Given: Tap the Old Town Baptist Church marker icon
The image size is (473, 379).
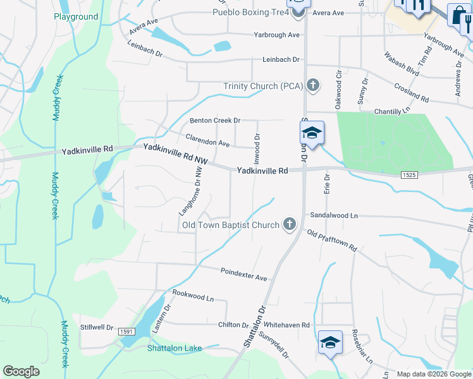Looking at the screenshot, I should pyautogui.click(x=290, y=224).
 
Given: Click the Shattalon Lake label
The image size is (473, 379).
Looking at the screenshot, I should pyautogui.click(x=174, y=348).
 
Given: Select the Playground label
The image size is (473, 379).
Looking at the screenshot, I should pyautogui.click(x=76, y=17).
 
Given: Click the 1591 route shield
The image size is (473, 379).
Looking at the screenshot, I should pyautogui.click(x=126, y=331).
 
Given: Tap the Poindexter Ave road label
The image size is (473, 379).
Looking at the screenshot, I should pyautogui.click(x=244, y=274).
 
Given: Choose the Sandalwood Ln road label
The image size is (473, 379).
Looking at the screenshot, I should pyautogui.click(x=333, y=215).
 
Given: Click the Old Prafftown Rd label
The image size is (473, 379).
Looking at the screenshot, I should pyautogui.click(x=332, y=241).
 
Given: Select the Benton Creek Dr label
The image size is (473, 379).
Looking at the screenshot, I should pyautogui.click(x=216, y=120).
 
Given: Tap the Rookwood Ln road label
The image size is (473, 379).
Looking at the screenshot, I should pyautogui.click(x=193, y=295).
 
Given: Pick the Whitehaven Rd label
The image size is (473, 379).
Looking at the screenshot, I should pyautogui.click(x=288, y=325).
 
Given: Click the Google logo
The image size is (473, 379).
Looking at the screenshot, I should pyautogui.click(x=21, y=371).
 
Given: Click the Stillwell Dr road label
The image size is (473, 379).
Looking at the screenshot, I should pyautogui.click(x=96, y=327).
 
